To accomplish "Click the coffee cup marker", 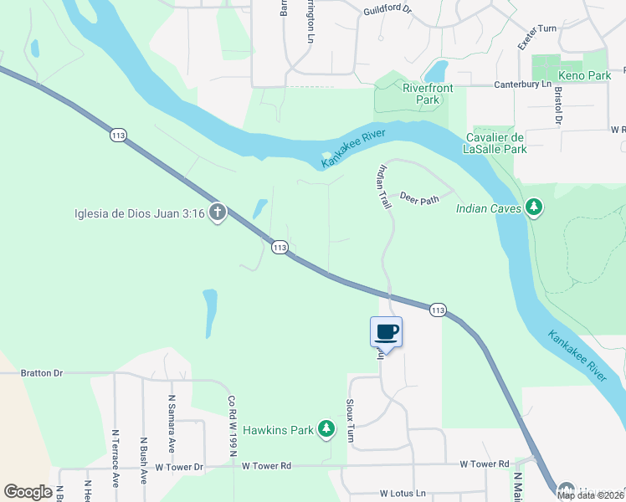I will click(x=386, y=331).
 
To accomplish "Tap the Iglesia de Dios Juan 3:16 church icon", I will click(x=217, y=213).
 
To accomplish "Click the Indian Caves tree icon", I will click(x=534, y=207).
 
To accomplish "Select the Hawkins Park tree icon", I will click(x=326, y=430).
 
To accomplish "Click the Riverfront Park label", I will click(x=421, y=94).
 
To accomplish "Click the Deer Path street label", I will click(x=419, y=200).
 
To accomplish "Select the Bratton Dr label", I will click(x=42, y=373).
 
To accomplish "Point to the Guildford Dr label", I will click(x=388, y=10).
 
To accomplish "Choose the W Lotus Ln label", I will click(x=403, y=494).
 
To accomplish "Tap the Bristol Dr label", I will click(x=557, y=105).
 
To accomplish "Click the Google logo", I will click(x=28, y=492).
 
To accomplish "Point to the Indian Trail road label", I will click(x=384, y=187).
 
